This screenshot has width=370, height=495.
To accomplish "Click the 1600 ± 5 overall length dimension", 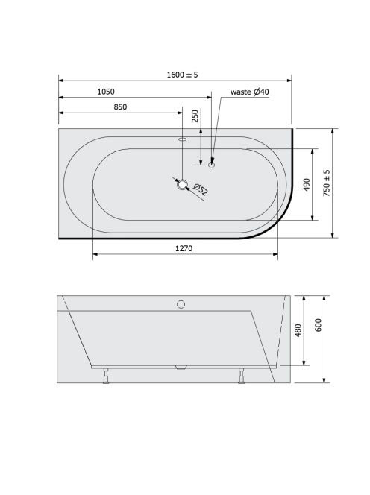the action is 182,75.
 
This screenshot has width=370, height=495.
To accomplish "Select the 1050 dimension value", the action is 106,92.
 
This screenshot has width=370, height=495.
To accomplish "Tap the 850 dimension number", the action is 120,107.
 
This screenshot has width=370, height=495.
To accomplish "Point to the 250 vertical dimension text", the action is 195,116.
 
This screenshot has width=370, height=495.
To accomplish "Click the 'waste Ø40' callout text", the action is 250,92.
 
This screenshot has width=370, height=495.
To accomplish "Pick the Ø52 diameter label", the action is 200,189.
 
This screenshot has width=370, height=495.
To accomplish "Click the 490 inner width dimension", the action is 307,185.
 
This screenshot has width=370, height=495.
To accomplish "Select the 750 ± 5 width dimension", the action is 327,183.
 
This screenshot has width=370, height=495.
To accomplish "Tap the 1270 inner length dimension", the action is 184,248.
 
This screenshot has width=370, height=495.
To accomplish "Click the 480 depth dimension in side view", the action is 298,330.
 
